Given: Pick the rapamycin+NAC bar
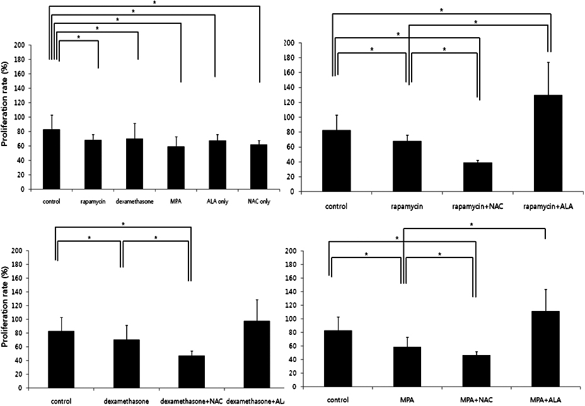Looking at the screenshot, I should (x=477, y=176).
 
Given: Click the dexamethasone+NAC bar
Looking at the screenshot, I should (x=190, y=371).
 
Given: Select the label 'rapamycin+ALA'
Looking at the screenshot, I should (x=547, y=206).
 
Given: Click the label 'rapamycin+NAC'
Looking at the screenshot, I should (x=477, y=206).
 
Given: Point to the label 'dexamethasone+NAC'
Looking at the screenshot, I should (x=190, y=401).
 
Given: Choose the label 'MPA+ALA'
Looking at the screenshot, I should (x=545, y=401).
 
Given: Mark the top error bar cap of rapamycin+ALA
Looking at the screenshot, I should (x=547, y=62).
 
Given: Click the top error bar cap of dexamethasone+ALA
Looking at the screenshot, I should (x=257, y=300).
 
